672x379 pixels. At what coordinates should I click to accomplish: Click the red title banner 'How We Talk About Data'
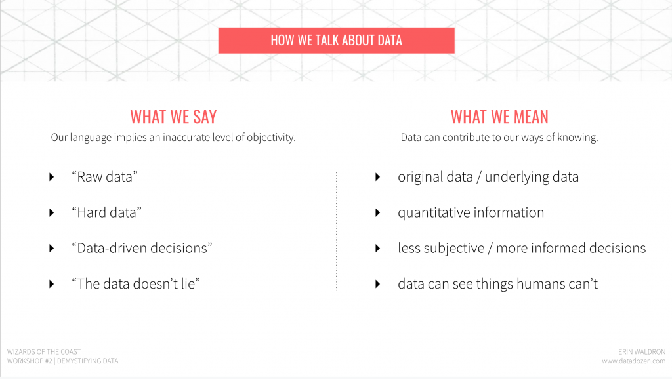(337, 40)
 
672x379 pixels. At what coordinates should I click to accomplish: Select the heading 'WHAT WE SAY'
(173, 117)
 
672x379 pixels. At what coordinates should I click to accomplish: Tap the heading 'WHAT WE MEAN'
(499, 117)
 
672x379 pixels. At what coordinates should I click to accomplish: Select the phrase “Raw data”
(104, 177)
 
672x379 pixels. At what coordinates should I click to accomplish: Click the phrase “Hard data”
(107, 212)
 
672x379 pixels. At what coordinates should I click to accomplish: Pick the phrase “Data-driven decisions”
(142, 248)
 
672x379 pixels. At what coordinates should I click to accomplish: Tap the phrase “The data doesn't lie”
(136, 283)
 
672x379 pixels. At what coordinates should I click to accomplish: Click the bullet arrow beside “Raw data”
(51, 177)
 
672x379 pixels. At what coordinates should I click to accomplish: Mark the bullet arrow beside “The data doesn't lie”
(51, 284)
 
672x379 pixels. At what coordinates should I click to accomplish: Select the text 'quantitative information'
(471, 212)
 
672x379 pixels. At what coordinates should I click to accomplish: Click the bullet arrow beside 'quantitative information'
(377, 212)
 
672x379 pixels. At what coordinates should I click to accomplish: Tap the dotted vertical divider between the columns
(337, 231)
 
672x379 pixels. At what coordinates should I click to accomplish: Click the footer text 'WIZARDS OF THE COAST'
(44, 352)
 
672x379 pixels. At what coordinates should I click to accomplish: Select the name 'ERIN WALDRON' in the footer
(642, 352)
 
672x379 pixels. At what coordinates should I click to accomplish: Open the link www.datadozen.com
(633, 361)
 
